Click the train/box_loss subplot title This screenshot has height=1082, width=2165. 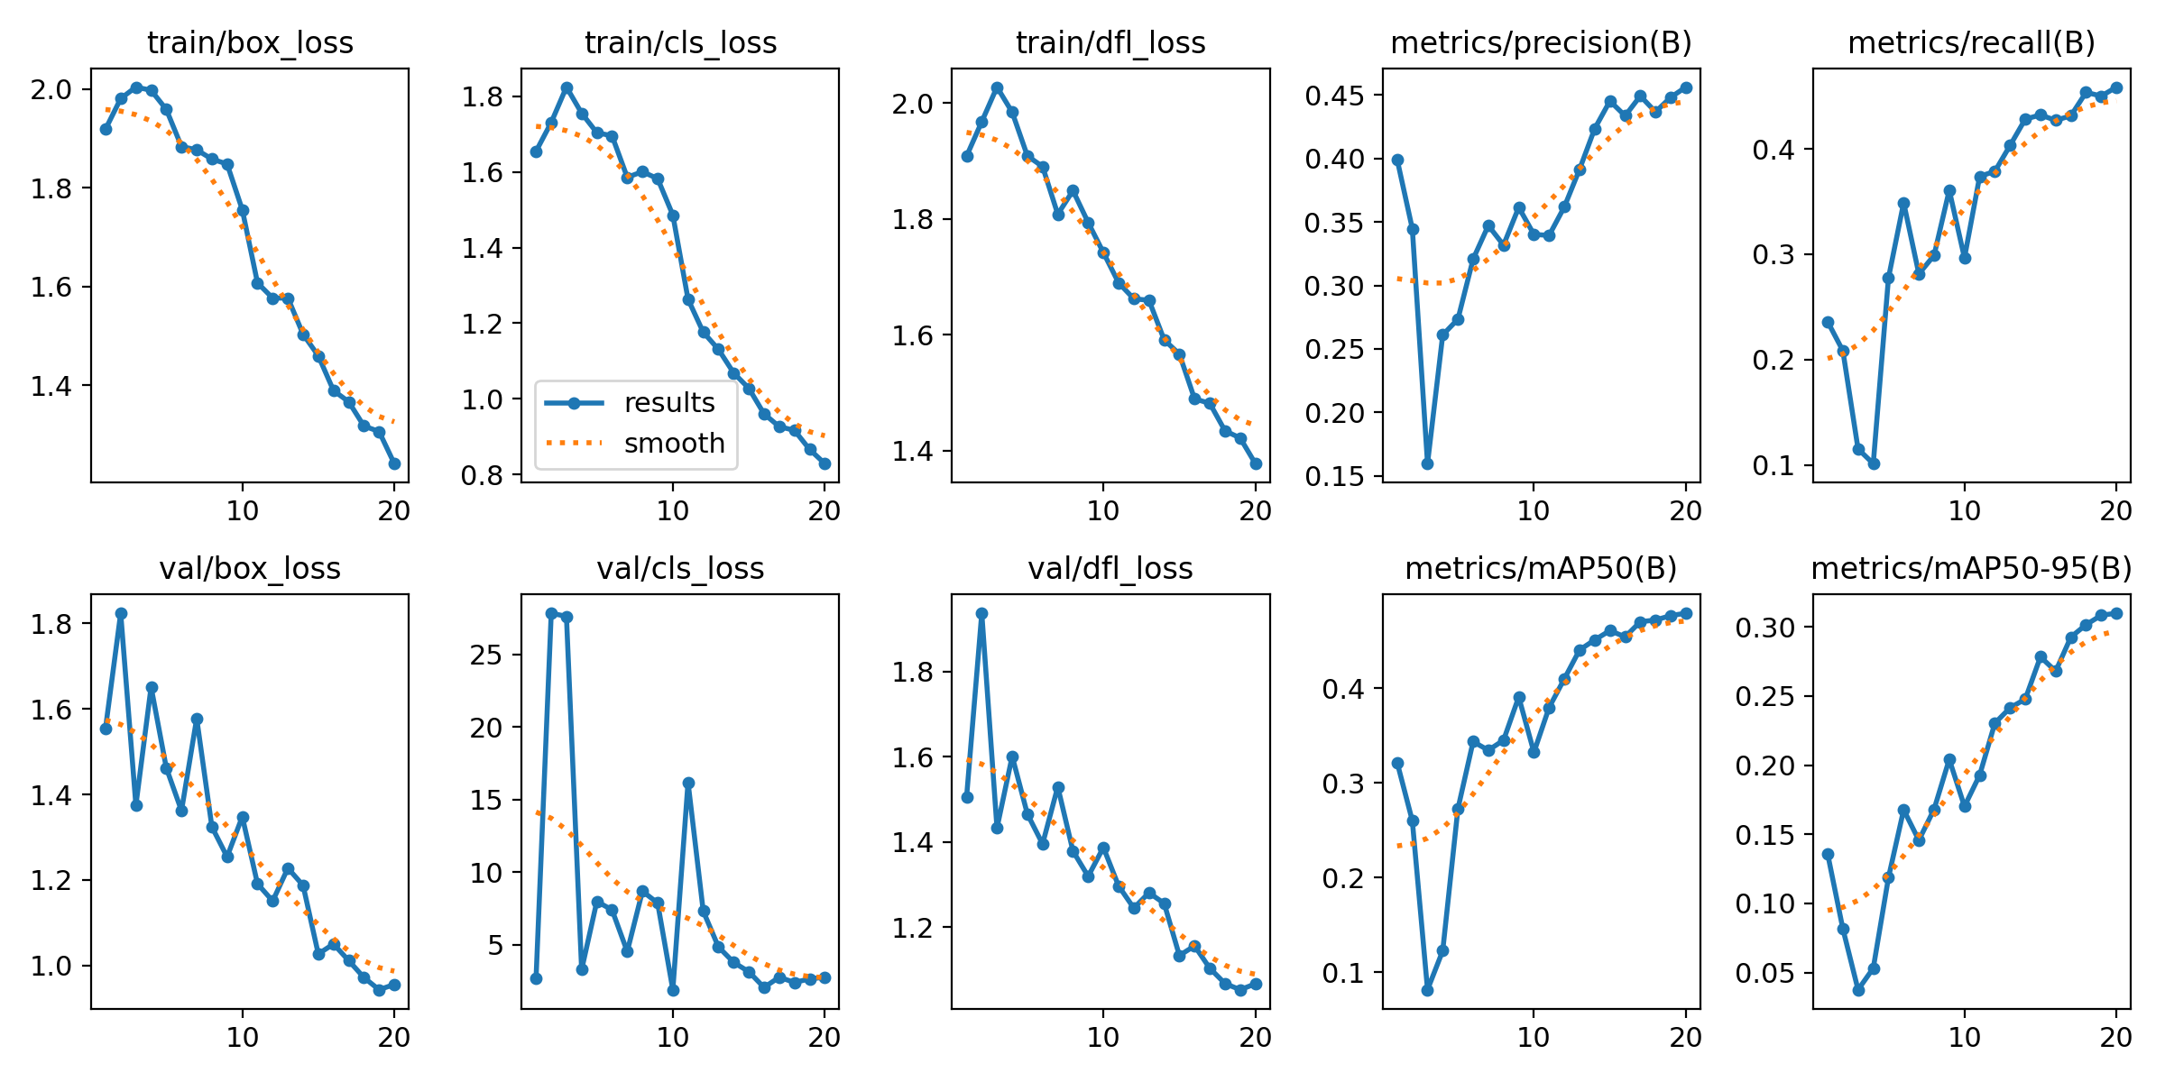point(250,43)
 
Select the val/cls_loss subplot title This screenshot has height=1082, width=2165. point(680,569)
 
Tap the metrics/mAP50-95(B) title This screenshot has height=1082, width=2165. point(1972,569)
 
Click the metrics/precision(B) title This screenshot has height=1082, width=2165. point(1542,43)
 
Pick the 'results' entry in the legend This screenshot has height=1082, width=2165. point(668,403)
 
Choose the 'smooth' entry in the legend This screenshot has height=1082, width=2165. point(674,444)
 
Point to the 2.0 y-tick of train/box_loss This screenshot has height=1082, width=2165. point(52,89)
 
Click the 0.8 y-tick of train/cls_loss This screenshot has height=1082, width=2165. point(483,475)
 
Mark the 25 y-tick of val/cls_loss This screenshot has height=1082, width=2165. point(486,655)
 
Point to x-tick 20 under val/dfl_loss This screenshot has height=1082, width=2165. point(1255,1038)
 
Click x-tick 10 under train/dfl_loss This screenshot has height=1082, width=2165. point(1102,511)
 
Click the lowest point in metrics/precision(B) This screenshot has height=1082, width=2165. point(1427,463)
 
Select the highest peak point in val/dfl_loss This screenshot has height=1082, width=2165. point(981,613)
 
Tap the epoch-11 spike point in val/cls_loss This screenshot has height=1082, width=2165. point(688,784)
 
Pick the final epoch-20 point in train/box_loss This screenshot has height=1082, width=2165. point(394,463)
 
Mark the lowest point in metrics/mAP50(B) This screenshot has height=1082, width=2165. point(1427,990)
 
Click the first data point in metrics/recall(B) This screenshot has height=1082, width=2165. point(1828,322)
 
